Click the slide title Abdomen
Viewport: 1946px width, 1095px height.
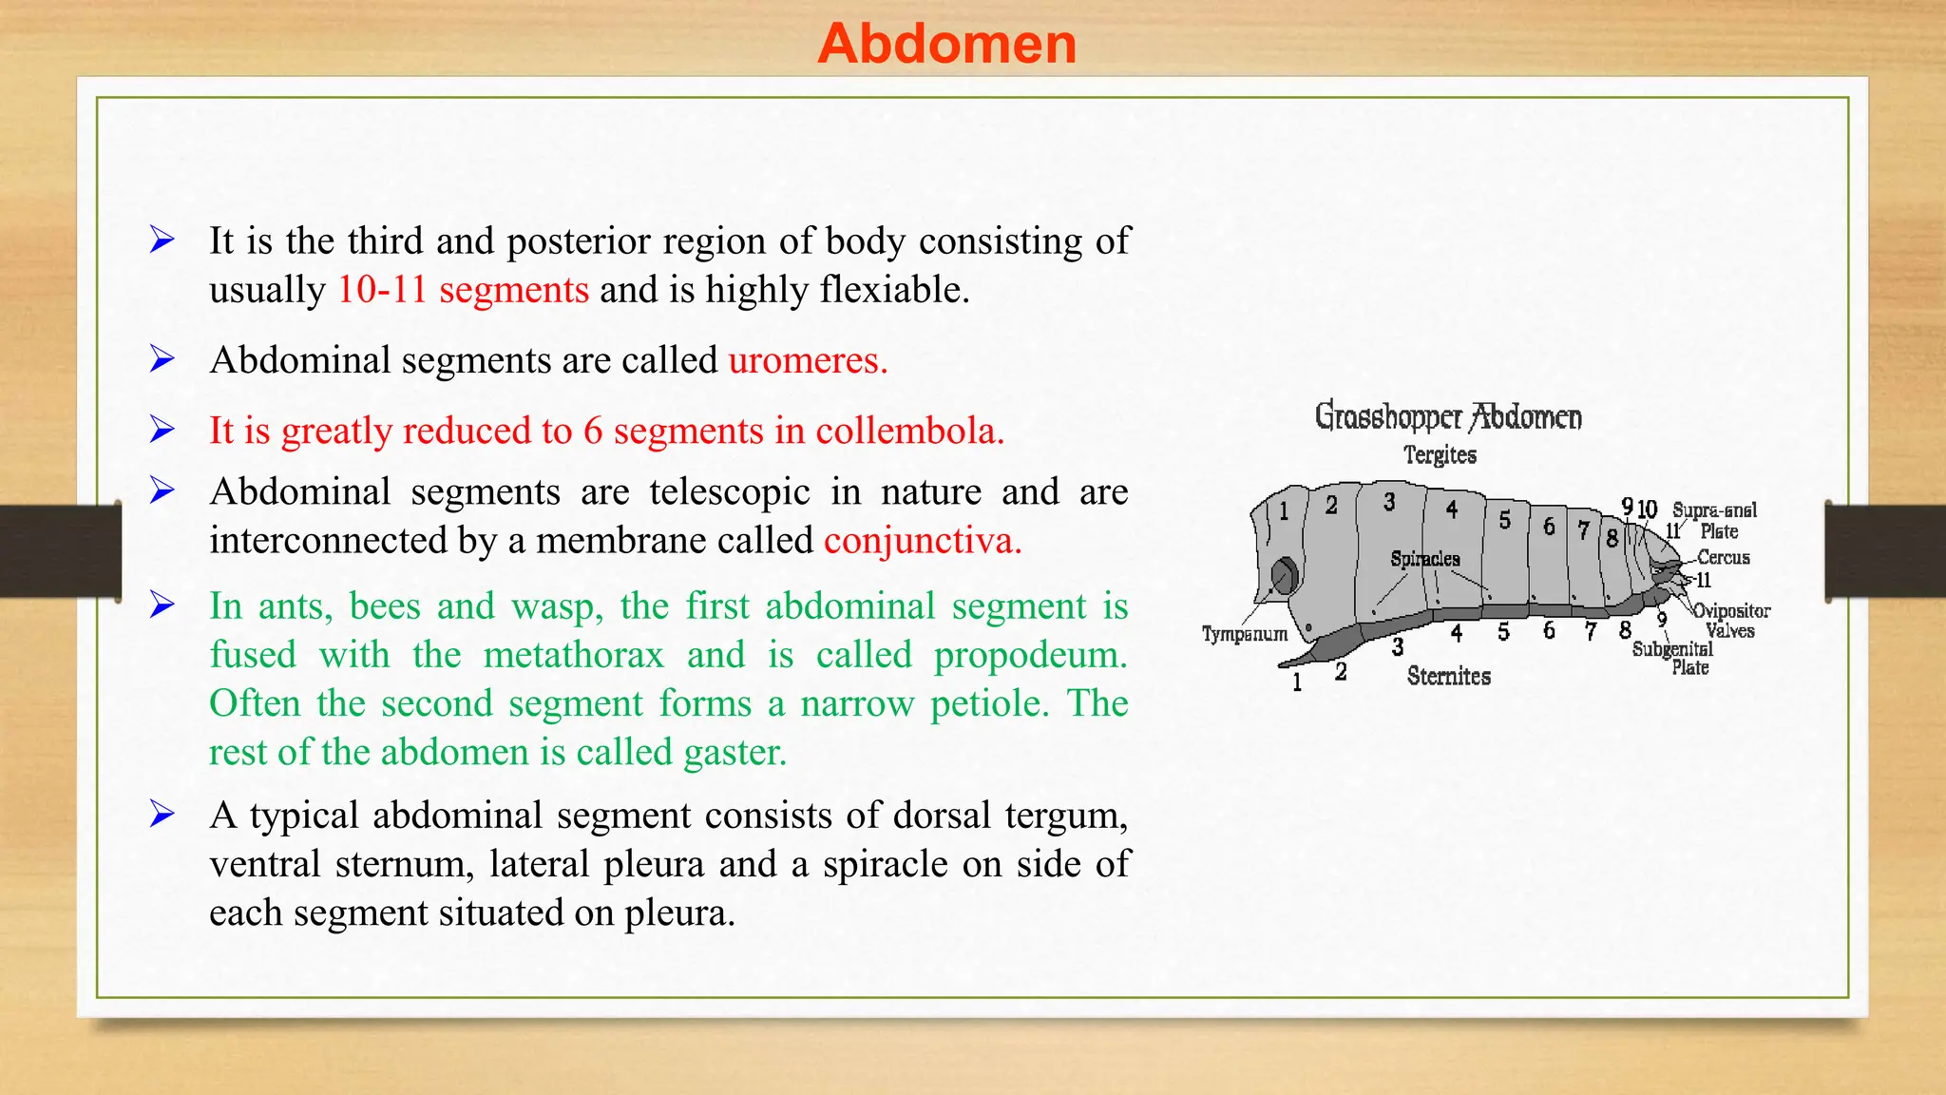tap(946, 44)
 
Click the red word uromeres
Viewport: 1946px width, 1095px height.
tap(808, 361)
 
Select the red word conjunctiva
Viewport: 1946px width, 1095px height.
tap(922, 541)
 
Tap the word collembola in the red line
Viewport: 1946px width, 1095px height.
tap(909, 432)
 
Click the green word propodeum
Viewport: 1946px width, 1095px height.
tap(1030, 656)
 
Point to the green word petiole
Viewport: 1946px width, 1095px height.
tap(989, 704)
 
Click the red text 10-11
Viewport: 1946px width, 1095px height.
tap(382, 290)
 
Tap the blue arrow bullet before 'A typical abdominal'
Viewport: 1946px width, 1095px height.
tap(162, 815)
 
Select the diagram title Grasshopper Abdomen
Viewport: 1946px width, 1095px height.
tap(1448, 417)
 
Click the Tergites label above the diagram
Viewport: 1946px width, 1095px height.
tap(1440, 455)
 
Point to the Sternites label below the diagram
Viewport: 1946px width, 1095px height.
tap(1448, 677)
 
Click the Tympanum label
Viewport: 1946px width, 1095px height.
tap(1244, 634)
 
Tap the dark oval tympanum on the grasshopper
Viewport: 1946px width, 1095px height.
tap(1285, 576)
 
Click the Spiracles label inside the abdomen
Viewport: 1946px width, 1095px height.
tap(1424, 559)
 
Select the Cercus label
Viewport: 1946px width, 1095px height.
tap(1723, 558)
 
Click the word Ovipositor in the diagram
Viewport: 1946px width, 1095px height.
tap(1731, 611)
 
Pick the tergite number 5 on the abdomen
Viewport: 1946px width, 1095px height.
tap(1504, 520)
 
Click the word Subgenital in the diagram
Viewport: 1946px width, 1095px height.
tap(1672, 649)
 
